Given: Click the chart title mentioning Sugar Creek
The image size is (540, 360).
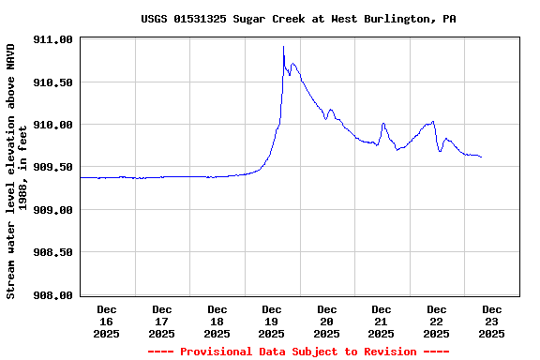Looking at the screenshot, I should (298, 19).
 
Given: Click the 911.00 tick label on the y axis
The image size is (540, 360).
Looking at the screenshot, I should (52, 40).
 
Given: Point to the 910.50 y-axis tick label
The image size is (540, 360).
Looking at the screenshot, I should (52, 82).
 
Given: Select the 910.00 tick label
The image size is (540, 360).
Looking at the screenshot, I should (52, 125).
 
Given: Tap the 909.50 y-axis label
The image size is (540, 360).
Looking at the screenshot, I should (52, 167).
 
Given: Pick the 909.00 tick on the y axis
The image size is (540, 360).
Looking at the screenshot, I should (52, 210).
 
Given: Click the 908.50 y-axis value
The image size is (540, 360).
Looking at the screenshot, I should (52, 252).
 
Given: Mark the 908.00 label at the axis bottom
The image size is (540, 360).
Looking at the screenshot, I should (52, 295).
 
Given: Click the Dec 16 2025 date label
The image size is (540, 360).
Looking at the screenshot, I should (107, 321).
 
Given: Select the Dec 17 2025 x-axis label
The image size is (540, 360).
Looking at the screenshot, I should (162, 321).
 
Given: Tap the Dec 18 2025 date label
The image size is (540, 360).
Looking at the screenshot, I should (217, 321).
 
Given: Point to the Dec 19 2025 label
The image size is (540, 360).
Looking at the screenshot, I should (272, 321).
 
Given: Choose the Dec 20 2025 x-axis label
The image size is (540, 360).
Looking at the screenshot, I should (327, 321).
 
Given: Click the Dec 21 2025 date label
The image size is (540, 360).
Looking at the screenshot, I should (382, 321).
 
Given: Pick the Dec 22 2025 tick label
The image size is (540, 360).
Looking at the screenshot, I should (437, 321).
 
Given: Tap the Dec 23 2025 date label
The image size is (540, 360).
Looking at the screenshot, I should (492, 321).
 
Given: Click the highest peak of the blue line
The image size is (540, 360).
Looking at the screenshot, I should (283, 46).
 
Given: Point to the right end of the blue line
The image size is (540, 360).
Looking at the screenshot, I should (481, 157).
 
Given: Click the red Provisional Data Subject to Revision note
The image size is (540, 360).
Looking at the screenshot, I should (298, 352).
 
